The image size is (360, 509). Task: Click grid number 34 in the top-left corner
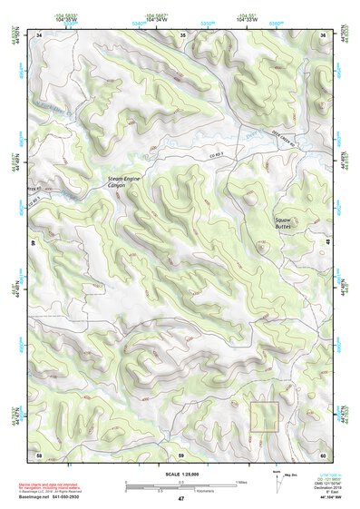(x=39, y=34)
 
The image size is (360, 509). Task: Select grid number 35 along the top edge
(x=182, y=34)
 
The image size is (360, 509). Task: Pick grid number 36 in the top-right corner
(x=324, y=34)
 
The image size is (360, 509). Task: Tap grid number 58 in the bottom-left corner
(x=39, y=453)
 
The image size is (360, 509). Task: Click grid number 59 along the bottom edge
(x=181, y=453)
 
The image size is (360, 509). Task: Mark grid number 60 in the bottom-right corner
(x=324, y=453)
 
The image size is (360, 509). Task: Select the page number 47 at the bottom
(x=181, y=499)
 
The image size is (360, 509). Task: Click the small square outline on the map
(x=263, y=416)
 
